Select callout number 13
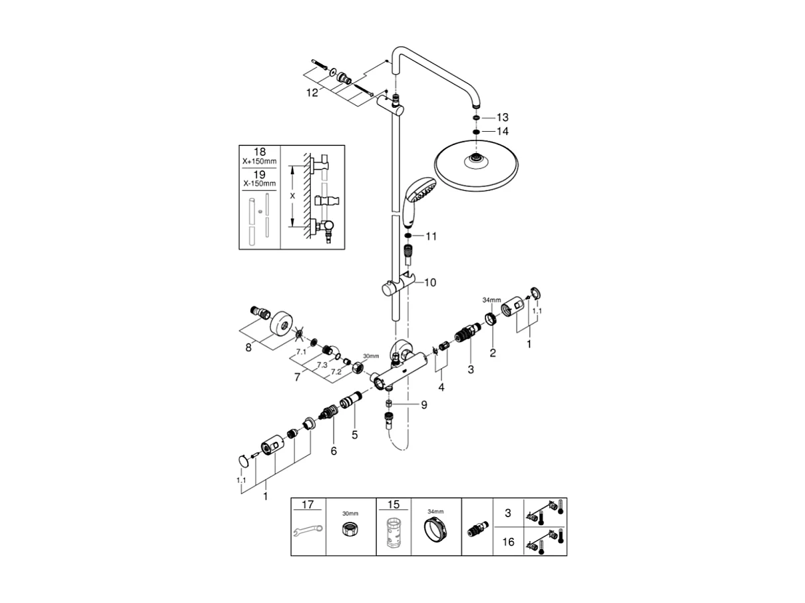pos(502,117)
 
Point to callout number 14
pos(502,132)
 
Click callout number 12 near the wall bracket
pos(312,93)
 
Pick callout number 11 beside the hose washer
pos(431,236)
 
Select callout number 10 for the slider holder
pos(429,283)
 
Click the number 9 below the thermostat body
pos(423,404)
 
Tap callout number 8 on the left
pos(248,348)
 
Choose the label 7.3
pos(322,365)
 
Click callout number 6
pos(334,451)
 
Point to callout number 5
pos(355,435)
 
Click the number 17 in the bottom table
pos(308,505)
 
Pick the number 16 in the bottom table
pos(508,542)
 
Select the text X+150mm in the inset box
pos(259,162)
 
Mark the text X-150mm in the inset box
pos(259,183)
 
